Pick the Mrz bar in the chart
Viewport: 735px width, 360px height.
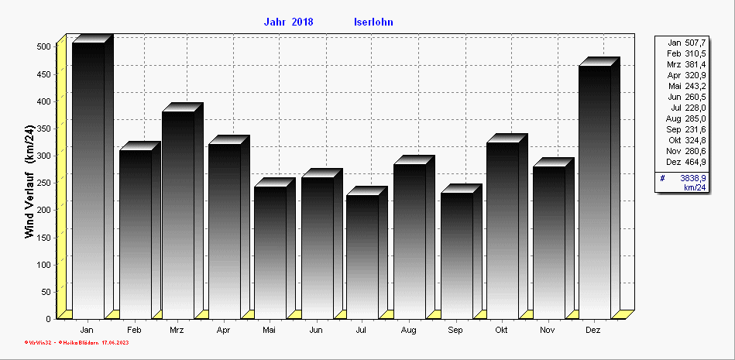tap(178, 214)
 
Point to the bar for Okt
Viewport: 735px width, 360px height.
tap(503, 230)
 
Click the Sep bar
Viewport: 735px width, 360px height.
tap(457, 255)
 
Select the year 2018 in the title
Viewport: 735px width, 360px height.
tap(303, 22)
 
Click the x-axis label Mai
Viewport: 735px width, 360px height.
tap(270, 331)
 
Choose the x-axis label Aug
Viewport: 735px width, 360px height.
tap(409, 331)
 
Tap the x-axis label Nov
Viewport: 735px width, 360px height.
tap(548, 331)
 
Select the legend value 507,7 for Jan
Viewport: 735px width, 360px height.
tap(696, 43)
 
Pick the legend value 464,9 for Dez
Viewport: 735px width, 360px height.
tap(696, 162)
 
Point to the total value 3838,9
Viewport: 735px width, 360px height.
tap(693, 178)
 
